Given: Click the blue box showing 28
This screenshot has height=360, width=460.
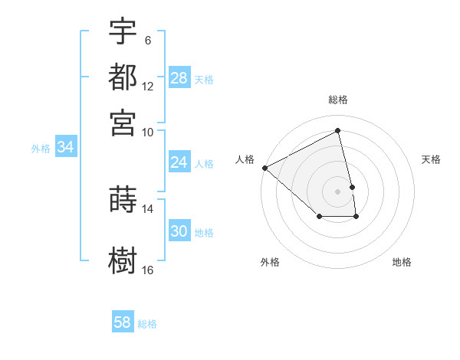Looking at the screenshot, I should coord(179,78).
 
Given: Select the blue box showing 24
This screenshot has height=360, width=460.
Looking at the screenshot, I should coord(179,162).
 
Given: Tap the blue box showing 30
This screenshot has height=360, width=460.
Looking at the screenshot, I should coord(179,231).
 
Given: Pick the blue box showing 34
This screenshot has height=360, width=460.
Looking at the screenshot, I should coord(65,148).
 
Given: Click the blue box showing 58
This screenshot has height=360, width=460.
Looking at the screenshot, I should coord(123,322).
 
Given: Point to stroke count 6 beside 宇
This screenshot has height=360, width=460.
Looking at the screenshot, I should coord(148,40).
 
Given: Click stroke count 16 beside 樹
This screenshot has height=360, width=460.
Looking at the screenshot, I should coord(147,270).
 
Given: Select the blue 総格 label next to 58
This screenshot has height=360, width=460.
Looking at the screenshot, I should coord(147,324).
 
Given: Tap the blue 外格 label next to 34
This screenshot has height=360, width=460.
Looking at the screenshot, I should coord(41,149).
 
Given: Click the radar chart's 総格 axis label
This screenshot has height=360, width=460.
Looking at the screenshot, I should coord(338,100).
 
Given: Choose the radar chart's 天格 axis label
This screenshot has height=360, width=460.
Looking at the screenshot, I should coord(432,159).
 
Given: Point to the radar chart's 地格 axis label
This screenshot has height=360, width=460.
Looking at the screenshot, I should coord(402,262).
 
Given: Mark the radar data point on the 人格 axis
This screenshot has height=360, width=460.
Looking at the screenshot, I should coord(264,168).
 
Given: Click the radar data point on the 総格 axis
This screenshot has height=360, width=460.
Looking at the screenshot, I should coord(338,130).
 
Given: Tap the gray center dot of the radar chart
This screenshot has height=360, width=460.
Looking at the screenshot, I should coord(338,191).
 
